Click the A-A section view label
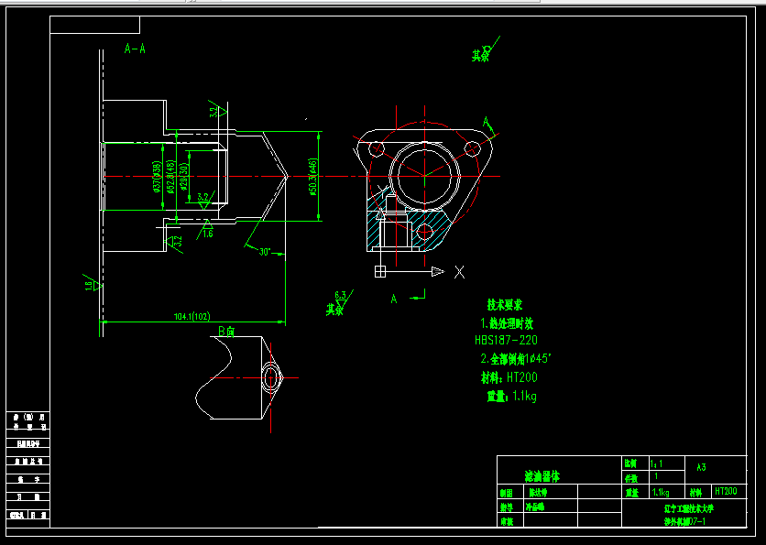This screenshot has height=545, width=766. pyautogui.click(x=135, y=49)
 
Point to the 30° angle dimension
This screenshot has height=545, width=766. pyautogui.click(x=265, y=252)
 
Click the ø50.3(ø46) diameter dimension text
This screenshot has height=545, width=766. pyautogui.click(x=313, y=175)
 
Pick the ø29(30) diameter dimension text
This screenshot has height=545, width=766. pyautogui.click(x=184, y=175)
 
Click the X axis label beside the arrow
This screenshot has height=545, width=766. pyautogui.click(x=459, y=271)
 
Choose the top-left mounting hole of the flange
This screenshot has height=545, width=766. pyautogui.click(x=376, y=147)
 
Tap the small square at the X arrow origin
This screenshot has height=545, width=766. pyautogui.click(x=379, y=271)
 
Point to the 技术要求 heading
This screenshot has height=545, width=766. pyautogui.click(x=504, y=304)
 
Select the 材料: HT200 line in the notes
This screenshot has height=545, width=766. pyautogui.click(x=509, y=376)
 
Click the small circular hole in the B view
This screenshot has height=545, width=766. pyautogui.click(x=271, y=376)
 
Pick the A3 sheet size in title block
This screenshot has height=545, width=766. pyautogui.click(x=701, y=466)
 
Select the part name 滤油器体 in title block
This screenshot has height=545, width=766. pyautogui.click(x=541, y=476)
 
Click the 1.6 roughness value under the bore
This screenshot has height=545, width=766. pyautogui.click(x=208, y=234)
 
